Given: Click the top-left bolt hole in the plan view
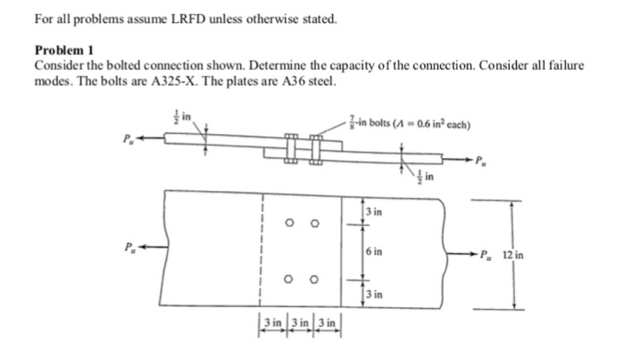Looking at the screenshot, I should [x=291, y=224].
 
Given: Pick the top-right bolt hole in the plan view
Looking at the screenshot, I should [x=313, y=224].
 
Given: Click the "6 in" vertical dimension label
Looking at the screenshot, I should [x=375, y=252].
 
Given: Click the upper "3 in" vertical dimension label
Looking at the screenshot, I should [x=375, y=212].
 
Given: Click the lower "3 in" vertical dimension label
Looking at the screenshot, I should [x=375, y=296].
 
